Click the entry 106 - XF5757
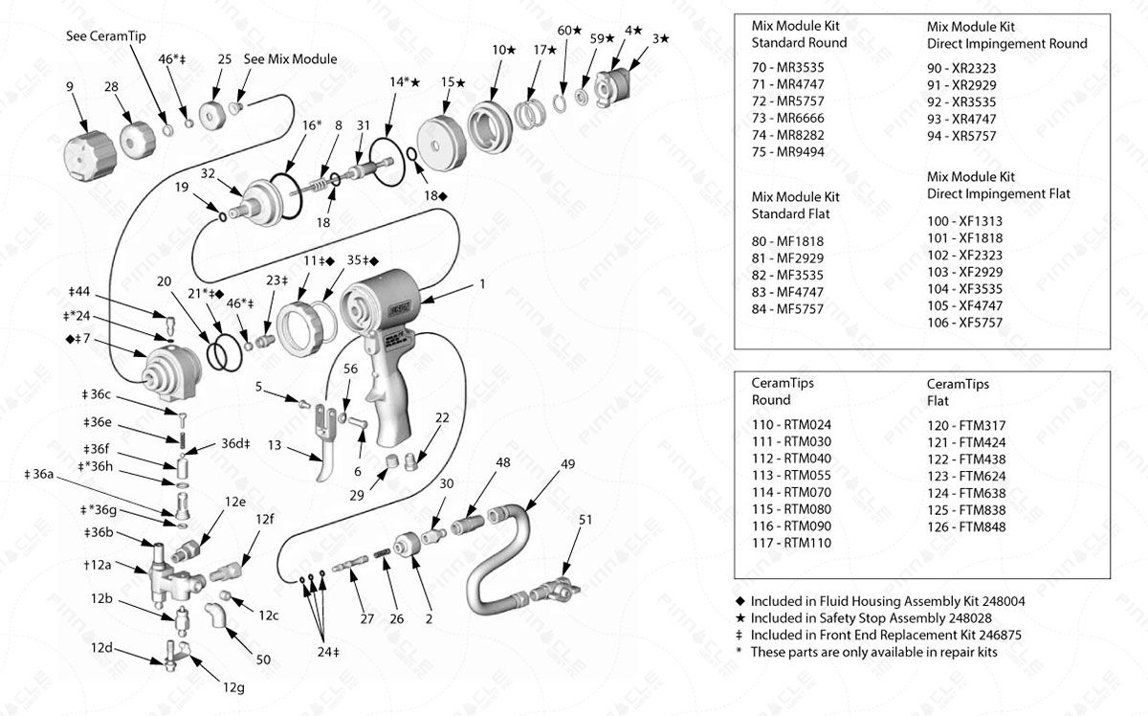(x=964, y=324)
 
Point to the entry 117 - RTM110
(x=791, y=543)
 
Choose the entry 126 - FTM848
(x=966, y=526)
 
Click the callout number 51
(x=585, y=520)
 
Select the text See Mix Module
(x=290, y=59)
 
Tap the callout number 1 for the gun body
(x=482, y=283)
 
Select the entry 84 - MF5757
(x=787, y=308)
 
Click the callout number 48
(x=502, y=463)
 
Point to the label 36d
(x=235, y=443)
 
